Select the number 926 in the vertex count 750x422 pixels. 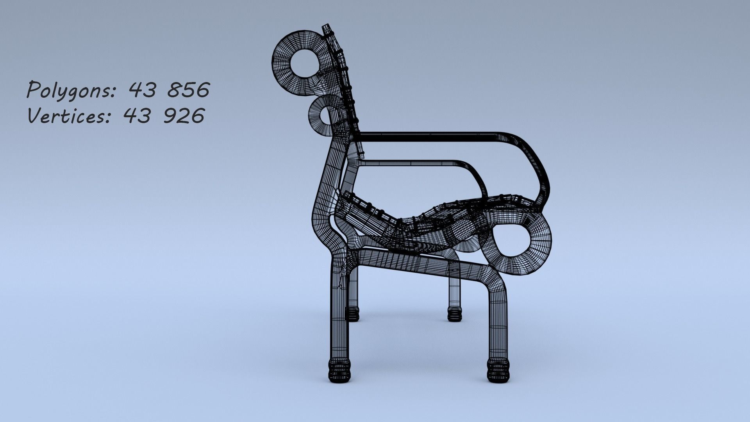tap(183, 116)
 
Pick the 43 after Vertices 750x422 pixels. tap(137, 116)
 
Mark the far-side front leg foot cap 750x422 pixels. tap(454, 314)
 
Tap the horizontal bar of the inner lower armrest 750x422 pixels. tap(410, 163)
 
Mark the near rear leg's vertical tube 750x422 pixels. tap(339, 313)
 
